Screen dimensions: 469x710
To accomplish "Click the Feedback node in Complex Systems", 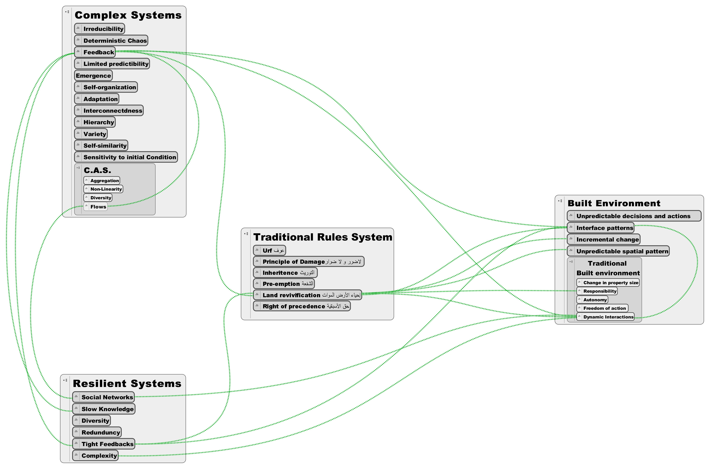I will tap(95, 52).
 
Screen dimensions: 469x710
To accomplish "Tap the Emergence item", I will tap(93, 76).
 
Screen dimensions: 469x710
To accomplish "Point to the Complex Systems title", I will tap(128, 15).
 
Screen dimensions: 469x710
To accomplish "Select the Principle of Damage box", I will tap(309, 262).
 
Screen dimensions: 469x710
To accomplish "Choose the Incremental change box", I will tap(604, 240).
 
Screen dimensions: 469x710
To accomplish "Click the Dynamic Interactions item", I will tap(605, 317).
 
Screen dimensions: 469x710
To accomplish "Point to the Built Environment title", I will tap(614, 203).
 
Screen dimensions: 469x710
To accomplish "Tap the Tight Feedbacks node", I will tap(104, 444).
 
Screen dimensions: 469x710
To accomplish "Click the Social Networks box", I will tap(103, 397).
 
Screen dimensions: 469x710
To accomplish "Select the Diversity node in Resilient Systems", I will tap(91, 421).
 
